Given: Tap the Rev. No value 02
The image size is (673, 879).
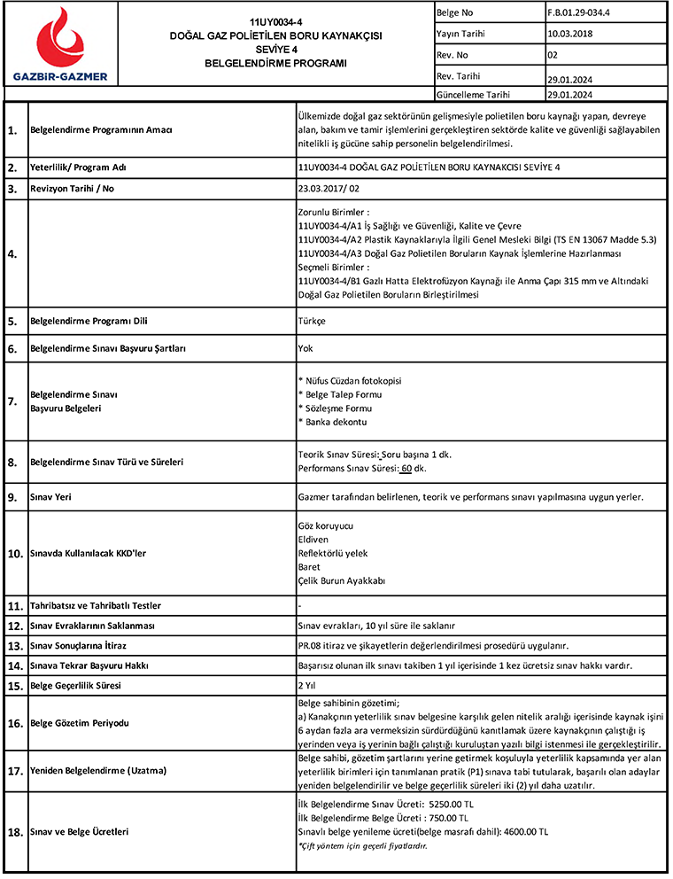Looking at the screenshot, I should point(553,54).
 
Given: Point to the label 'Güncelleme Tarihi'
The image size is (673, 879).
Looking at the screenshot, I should point(474,94).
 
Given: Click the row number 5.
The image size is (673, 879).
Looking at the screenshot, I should point(12,320).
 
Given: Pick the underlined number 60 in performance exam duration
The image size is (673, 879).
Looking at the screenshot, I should point(407,468).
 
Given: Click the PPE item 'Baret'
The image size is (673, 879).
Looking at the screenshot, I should point(310,566).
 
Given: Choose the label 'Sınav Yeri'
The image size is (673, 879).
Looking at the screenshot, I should point(52,497).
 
